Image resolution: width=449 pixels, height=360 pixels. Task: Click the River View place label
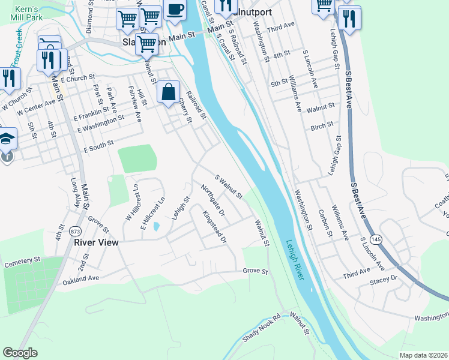pyautogui.click(x=96, y=242)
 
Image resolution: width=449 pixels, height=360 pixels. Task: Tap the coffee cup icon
pyautogui.click(x=175, y=10)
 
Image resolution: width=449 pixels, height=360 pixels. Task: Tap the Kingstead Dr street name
pyautogui.click(x=214, y=227)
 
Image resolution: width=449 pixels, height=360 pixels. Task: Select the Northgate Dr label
pyautogui.click(x=212, y=200)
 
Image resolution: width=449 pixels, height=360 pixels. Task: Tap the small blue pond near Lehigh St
pyautogui.click(x=156, y=227)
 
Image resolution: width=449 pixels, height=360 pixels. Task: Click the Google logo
pyautogui.click(x=20, y=353)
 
